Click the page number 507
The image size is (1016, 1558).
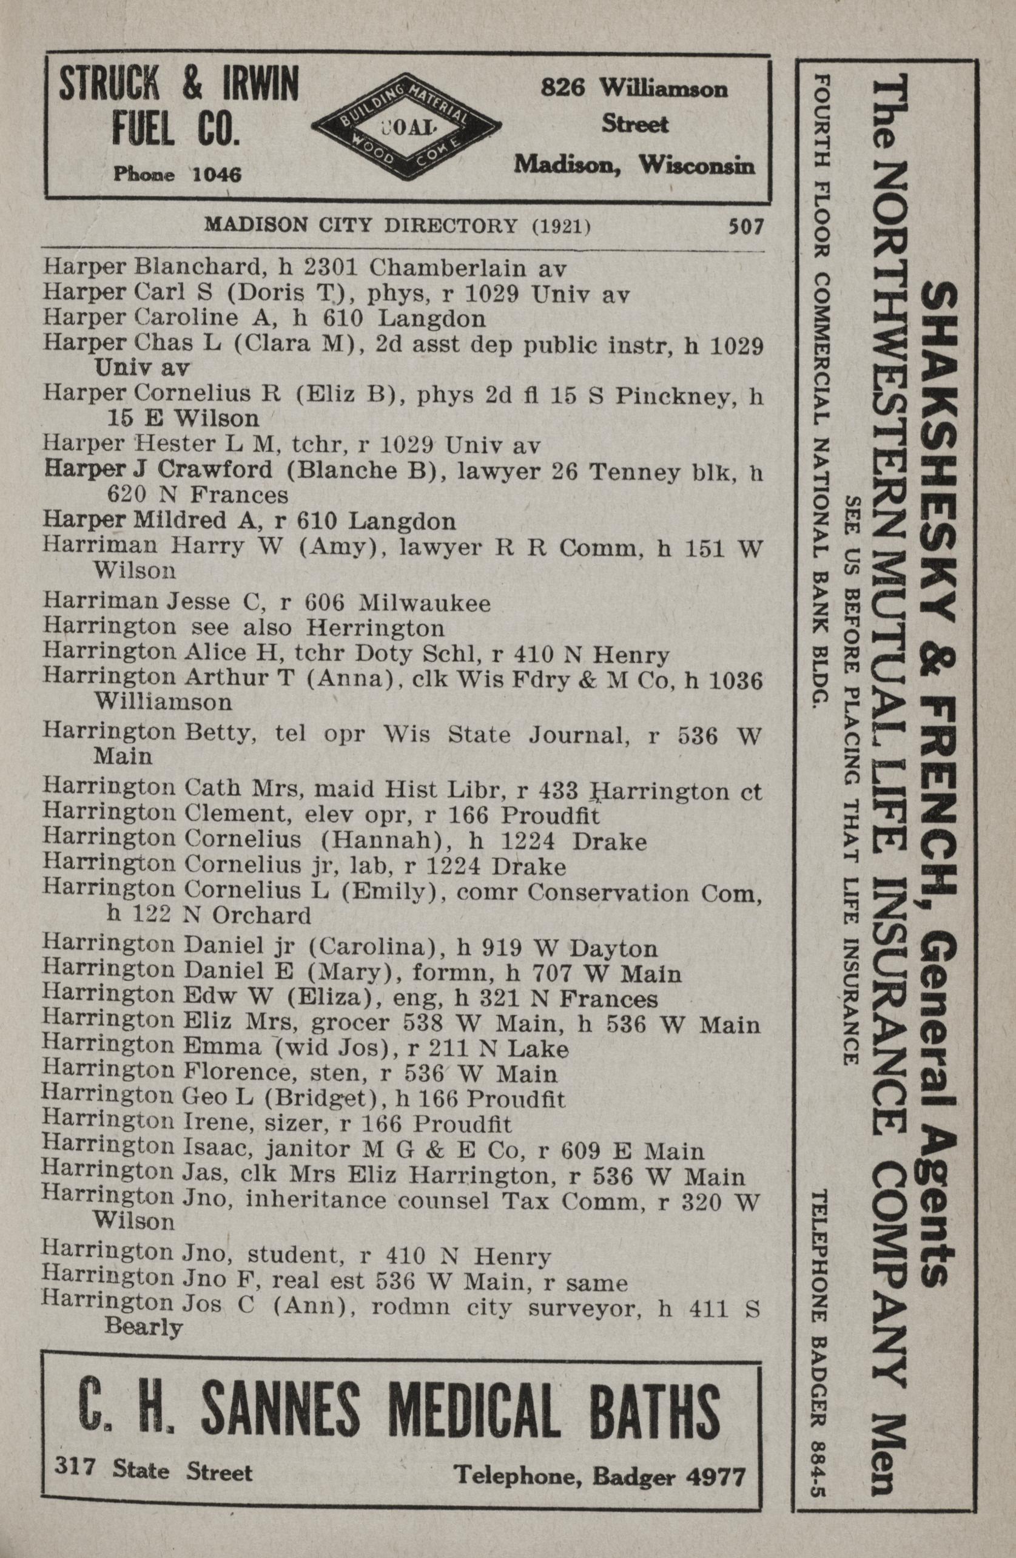click(745, 226)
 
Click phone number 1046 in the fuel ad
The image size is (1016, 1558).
click(216, 174)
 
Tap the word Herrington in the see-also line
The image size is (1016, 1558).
click(375, 629)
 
